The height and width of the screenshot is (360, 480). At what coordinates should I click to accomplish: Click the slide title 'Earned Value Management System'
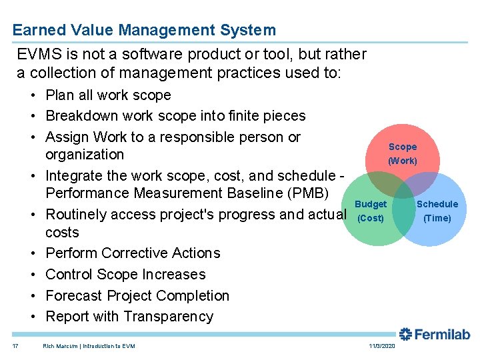[x=143, y=30]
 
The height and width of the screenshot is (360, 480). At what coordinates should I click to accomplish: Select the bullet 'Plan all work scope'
[x=108, y=95]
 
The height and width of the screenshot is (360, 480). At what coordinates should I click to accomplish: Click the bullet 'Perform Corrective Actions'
[x=133, y=253]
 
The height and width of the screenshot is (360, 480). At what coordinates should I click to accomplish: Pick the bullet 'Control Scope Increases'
[x=125, y=275]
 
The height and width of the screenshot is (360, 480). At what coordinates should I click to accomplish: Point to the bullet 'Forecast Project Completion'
[x=137, y=296]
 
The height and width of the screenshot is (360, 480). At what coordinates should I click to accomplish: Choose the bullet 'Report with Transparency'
[x=129, y=317]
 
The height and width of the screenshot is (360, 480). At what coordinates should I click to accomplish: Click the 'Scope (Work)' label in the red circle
[x=403, y=153]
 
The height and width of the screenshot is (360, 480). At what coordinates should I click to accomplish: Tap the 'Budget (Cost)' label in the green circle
[x=371, y=211]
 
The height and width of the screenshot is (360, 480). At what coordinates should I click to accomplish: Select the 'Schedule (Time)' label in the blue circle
[x=437, y=211]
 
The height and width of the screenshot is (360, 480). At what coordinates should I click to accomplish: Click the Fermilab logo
[x=434, y=335]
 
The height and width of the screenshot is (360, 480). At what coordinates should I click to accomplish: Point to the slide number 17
[x=15, y=346]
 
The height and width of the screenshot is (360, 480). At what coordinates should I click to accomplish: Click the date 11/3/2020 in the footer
[x=381, y=346]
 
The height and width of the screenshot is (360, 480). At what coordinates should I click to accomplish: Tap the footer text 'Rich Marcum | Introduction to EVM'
[x=89, y=346]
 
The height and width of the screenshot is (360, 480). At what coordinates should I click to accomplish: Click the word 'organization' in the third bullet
[x=85, y=155]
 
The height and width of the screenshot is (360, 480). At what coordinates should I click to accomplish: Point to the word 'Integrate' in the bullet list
[x=73, y=176]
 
